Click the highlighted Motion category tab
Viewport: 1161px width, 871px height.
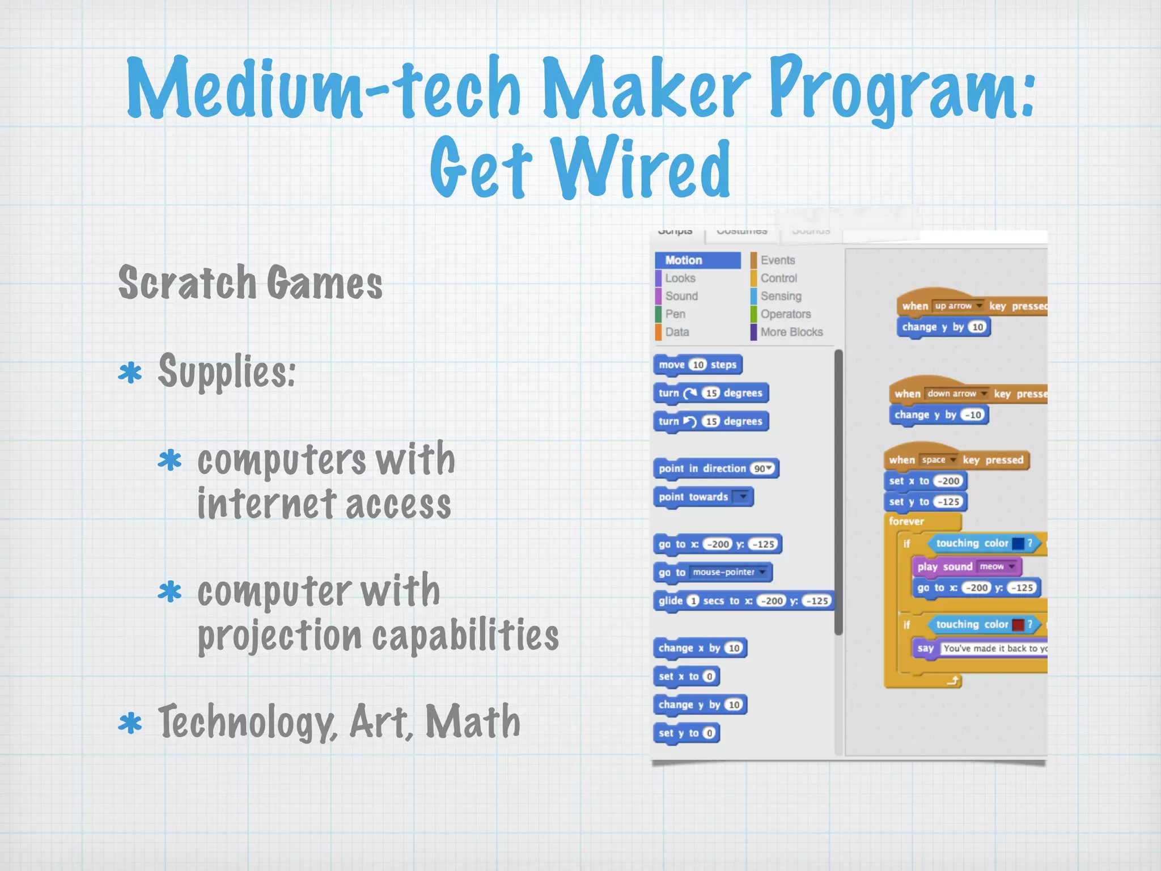tap(697, 260)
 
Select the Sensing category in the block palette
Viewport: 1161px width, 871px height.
tap(781, 296)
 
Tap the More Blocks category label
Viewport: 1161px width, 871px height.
tap(791, 332)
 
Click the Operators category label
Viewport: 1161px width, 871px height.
tap(785, 314)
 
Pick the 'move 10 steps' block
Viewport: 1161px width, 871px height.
tap(697, 365)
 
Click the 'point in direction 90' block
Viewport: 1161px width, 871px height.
tap(715, 468)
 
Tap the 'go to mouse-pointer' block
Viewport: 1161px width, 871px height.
tap(713, 572)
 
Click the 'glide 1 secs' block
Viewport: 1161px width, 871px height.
tap(743, 601)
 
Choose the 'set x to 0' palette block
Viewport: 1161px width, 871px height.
tap(686, 676)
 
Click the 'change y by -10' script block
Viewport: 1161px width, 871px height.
tap(938, 415)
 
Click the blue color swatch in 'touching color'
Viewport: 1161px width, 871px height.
tap(1018, 544)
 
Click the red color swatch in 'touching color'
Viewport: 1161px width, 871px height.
tap(1018, 625)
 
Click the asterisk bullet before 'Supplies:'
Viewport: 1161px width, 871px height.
tap(130, 373)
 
